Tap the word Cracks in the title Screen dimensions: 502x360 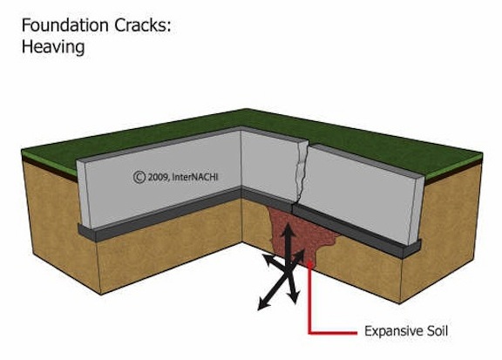coord(139,25)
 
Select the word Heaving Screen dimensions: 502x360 coord(53,47)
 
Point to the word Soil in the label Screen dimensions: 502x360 coord(437,330)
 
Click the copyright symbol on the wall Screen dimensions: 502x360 coord(139,177)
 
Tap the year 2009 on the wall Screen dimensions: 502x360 coord(158,177)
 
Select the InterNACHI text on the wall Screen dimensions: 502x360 coord(195,176)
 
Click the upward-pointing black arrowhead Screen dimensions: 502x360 coord(288,229)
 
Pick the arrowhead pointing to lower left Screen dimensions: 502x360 coord(264,304)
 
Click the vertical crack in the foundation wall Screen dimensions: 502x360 coord(301,173)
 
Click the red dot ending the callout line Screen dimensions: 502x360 coord(309,264)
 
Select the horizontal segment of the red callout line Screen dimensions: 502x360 coord(333,333)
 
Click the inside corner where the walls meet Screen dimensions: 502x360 coord(241,160)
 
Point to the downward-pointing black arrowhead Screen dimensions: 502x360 coord(293,297)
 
